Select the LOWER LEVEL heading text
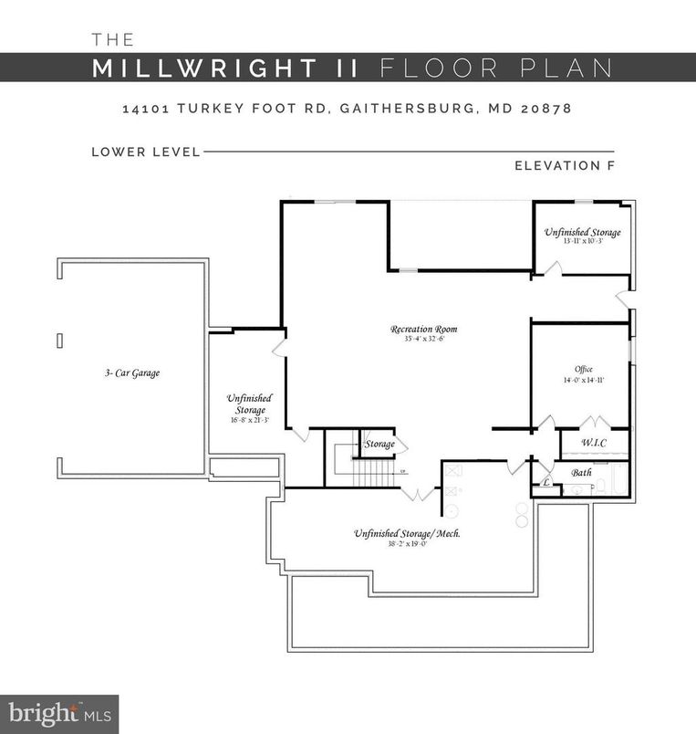(x=146, y=152)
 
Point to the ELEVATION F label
(x=564, y=165)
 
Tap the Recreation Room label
(x=423, y=329)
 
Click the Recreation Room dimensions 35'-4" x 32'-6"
(x=423, y=340)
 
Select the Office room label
(x=584, y=369)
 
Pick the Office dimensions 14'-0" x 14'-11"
(x=584, y=380)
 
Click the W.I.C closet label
(x=593, y=443)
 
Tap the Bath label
(x=582, y=472)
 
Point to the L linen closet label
(x=546, y=481)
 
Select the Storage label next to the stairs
(x=379, y=444)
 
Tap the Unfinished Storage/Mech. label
(x=407, y=532)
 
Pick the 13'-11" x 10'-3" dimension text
(x=583, y=243)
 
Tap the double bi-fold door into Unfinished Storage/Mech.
(x=420, y=494)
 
